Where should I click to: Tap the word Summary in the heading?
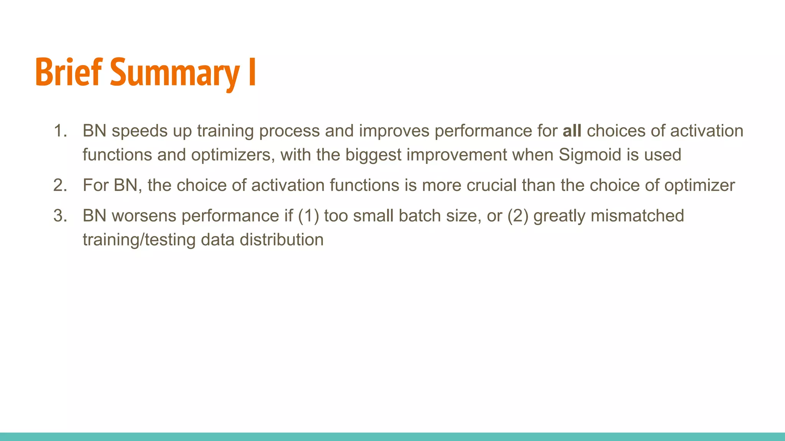click(175, 73)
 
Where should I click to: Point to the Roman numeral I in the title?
click(252, 72)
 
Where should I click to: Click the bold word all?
click(572, 131)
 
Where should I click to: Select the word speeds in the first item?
click(140, 131)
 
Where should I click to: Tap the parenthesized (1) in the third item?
click(308, 216)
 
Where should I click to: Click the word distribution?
click(282, 240)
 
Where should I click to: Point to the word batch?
click(420, 216)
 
